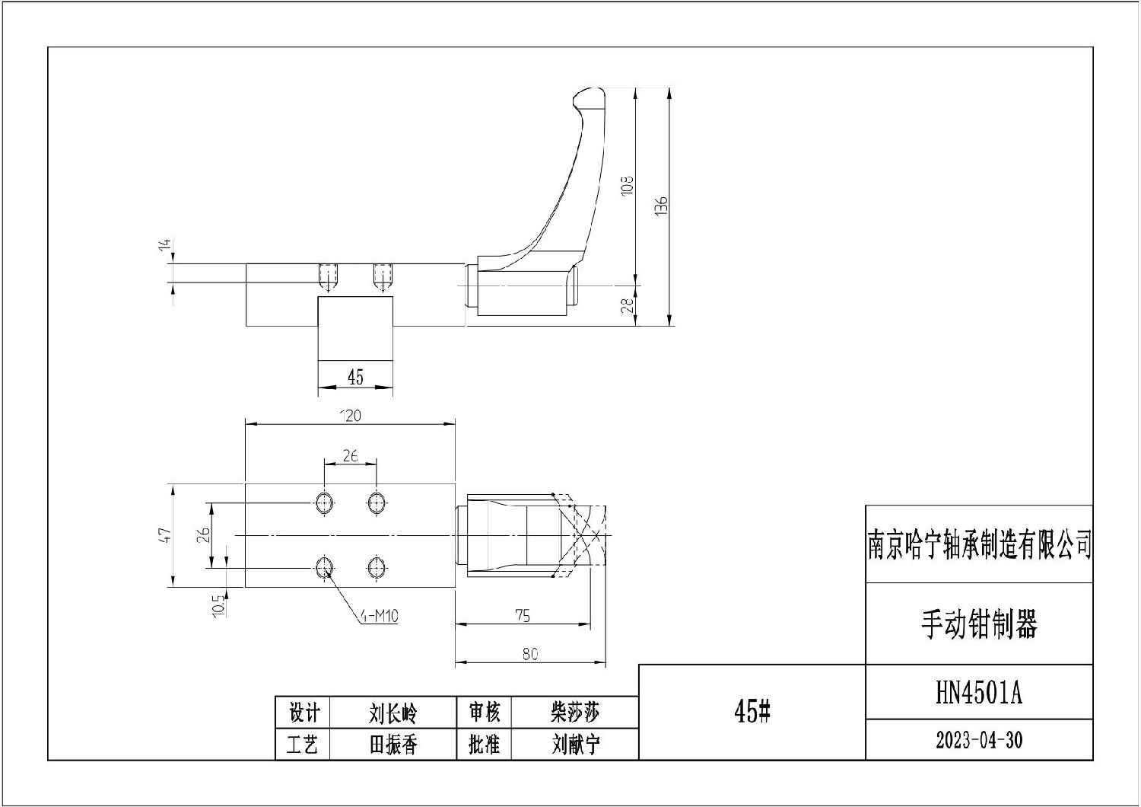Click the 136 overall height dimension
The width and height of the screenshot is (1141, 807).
point(662,206)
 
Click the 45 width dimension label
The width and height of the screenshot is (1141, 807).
point(355,377)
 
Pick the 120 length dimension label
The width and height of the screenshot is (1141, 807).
point(350,416)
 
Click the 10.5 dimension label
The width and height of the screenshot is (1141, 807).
point(218,605)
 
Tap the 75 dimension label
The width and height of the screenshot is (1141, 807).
point(523,616)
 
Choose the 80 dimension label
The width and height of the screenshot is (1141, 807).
point(530,654)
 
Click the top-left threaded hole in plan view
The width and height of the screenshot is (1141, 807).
point(324,502)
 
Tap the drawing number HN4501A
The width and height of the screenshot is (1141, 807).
point(979,694)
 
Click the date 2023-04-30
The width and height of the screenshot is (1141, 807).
point(979,740)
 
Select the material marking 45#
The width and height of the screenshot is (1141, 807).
point(752,712)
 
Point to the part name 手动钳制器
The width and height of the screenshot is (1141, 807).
point(979,624)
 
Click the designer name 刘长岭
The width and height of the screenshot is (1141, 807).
point(393,713)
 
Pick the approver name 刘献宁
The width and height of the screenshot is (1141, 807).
point(575,744)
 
